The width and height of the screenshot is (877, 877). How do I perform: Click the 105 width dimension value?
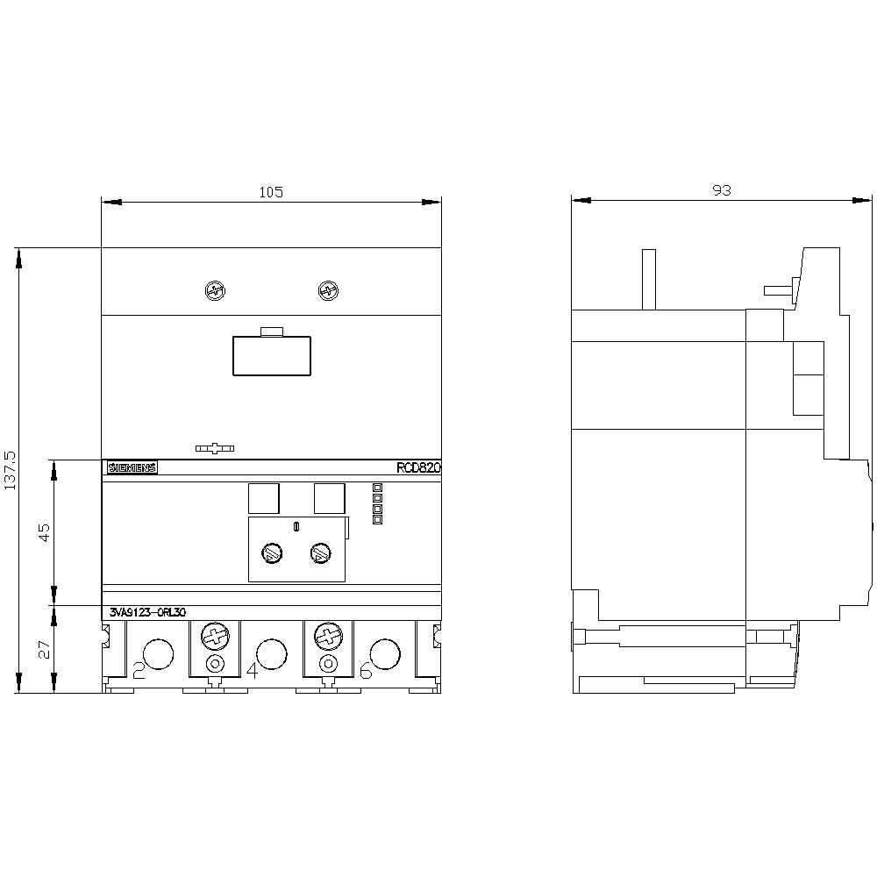point(271,192)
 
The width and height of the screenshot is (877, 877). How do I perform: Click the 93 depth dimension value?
point(722,190)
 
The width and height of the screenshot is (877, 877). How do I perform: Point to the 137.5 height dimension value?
point(11,470)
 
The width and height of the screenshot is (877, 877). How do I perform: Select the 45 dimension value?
point(44,531)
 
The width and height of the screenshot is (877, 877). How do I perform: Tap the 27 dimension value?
point(44,649)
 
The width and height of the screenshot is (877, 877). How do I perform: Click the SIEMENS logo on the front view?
point(132,467)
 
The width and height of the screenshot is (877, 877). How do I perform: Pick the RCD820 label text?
point(419,467)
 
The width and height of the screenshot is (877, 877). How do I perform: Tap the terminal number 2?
point(139,670)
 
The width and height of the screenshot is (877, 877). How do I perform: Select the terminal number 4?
point(253,670)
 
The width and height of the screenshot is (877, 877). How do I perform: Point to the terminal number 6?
point(366,670)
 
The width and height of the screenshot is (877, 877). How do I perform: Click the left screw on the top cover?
point(216,291)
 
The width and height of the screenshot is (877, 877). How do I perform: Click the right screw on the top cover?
point(328,291)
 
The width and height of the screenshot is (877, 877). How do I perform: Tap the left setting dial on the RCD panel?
point(272,553)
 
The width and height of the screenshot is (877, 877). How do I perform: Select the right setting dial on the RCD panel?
point(320,553)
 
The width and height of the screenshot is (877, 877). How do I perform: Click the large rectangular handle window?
point(272,356)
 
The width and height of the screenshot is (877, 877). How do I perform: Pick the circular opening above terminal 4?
point(271,654)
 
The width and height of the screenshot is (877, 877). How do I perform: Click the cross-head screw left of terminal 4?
point(216,637)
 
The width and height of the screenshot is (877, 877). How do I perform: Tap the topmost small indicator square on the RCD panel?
point(377,488)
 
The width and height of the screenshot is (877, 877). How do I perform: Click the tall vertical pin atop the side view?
point(649,279)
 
